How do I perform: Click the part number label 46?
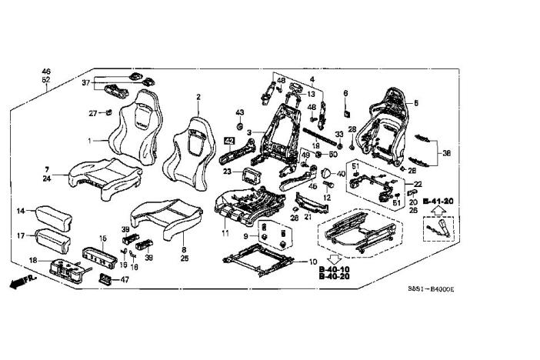pos(46,71)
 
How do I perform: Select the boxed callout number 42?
pos(229,141)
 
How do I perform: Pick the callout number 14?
pos(22,209)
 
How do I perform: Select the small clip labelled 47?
pos(105,279)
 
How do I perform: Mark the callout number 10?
pos(313,262)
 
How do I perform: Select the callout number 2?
pos(198,97)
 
